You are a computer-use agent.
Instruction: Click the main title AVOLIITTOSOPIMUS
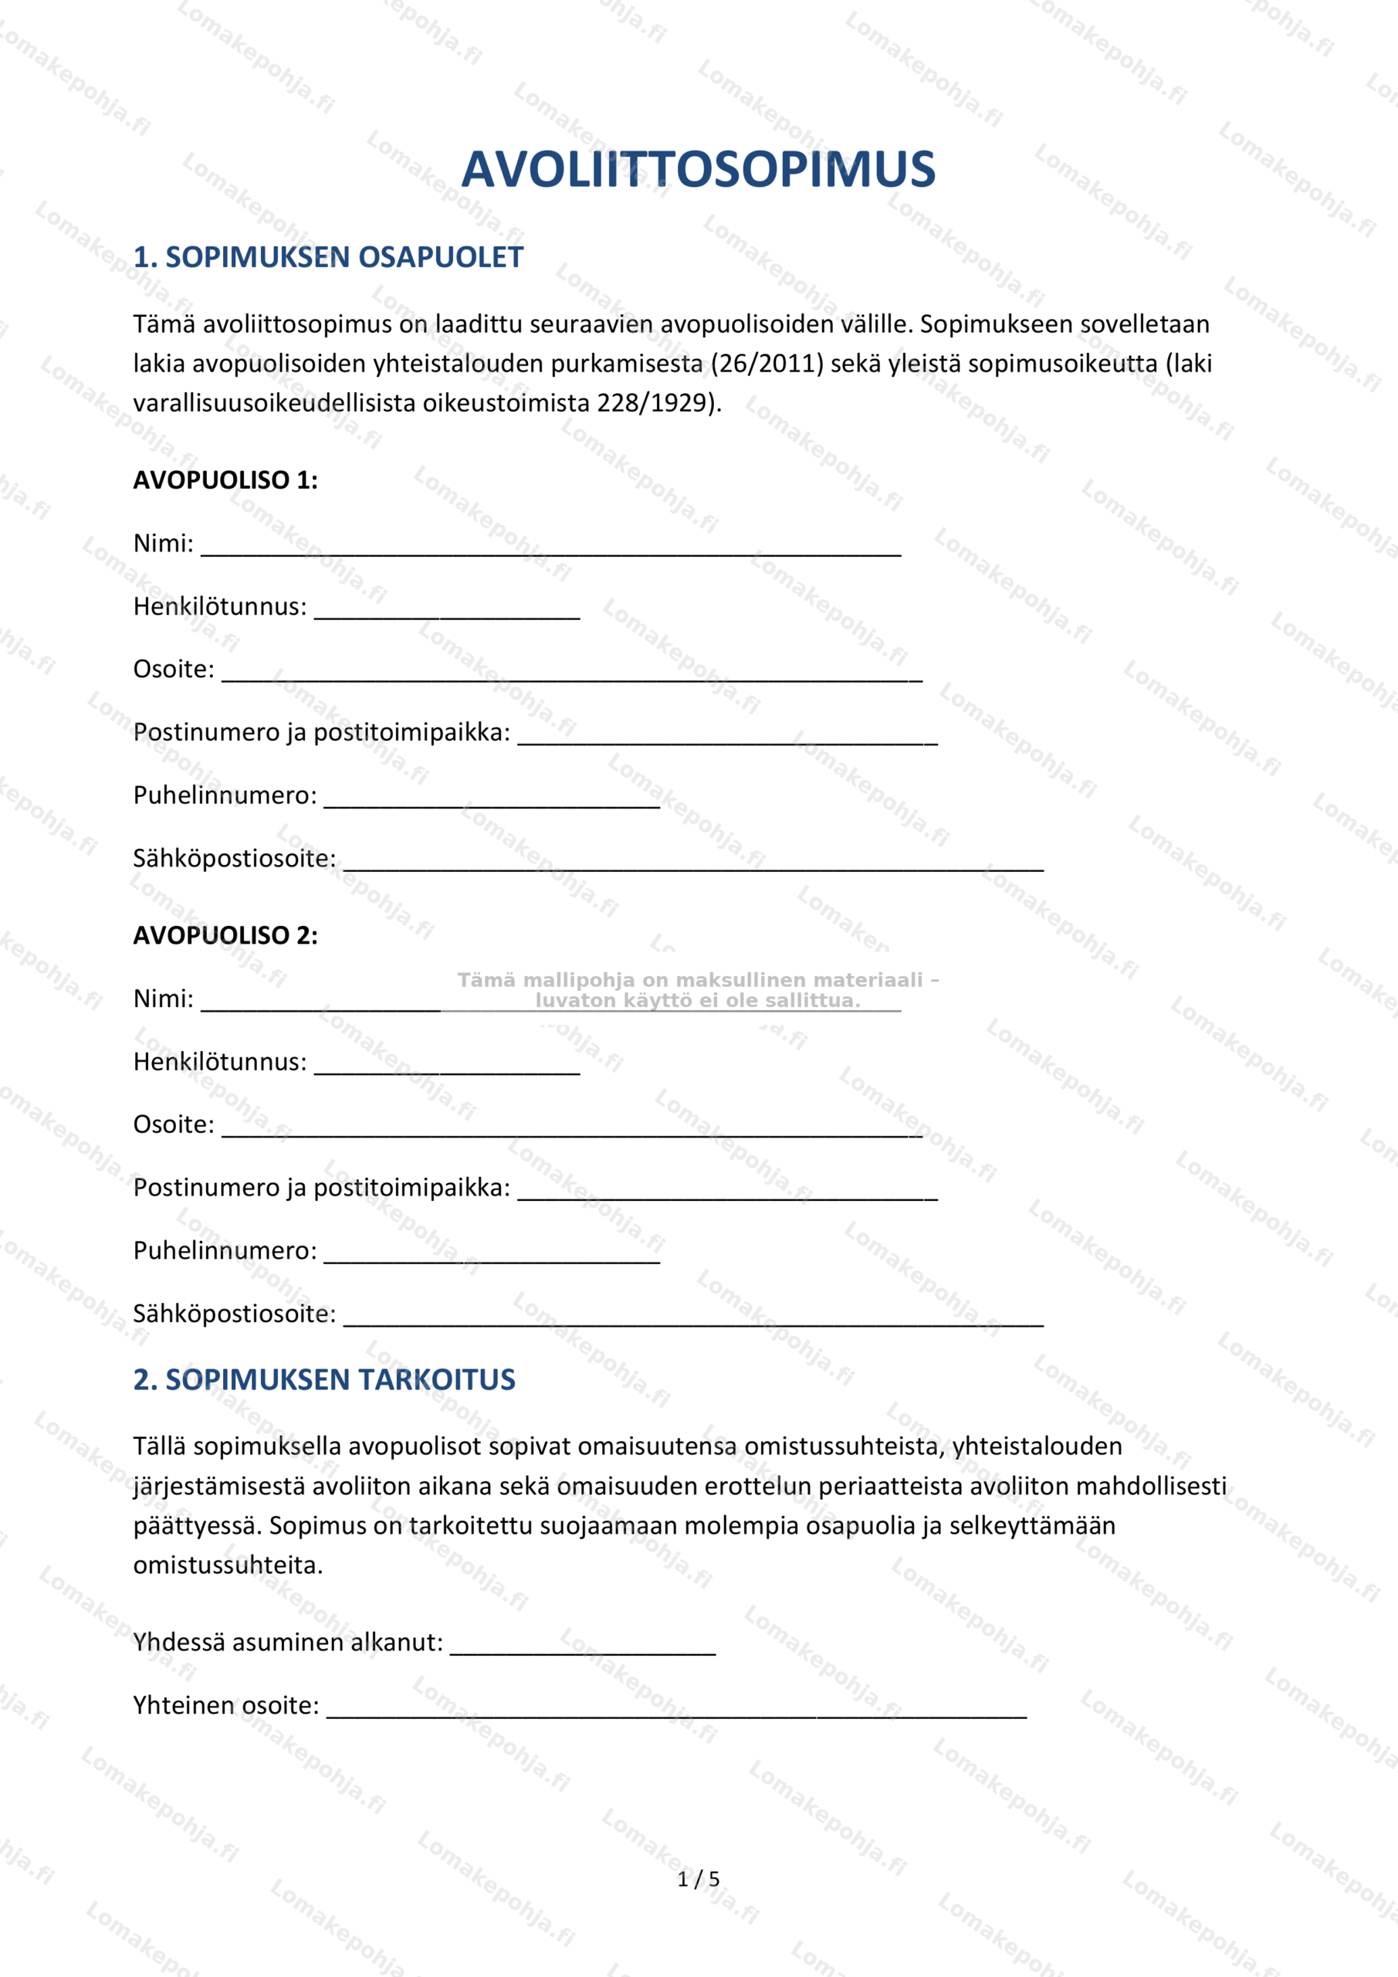coord(698,170)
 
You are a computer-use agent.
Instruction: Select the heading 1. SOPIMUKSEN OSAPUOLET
coord(328,257)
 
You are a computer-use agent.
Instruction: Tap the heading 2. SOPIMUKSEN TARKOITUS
coord(323,1379)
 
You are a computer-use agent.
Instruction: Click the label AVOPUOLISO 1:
coord(225,480)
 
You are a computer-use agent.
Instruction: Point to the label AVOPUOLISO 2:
coord(225,936)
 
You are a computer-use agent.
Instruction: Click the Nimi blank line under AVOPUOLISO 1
coord(551,551)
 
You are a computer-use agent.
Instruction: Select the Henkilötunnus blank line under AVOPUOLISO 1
coord(447,614)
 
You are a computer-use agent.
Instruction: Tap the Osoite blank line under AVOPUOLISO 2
coord(571,1132)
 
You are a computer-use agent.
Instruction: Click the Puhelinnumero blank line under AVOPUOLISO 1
coord(492,802)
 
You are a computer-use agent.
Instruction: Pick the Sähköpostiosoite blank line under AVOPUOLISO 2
coord(693,1321)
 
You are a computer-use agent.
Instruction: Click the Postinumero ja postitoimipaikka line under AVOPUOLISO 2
coord(727,1195)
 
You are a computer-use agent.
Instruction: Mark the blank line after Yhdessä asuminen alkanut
coord(583,1650)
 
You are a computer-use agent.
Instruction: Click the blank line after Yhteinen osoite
coord(677,1714)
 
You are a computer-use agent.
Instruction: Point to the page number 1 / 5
coord(698,1879)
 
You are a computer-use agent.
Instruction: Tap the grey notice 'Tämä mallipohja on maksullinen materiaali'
coord(697,981)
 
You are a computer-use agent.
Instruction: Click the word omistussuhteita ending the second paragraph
coord(227,1565)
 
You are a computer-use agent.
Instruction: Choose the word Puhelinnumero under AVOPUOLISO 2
coord(225,1250)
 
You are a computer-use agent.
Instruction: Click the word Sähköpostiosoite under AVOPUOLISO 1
coord(234,859)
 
